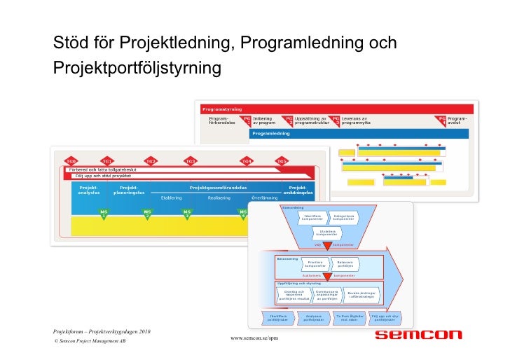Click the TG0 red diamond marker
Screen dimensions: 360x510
tap(71, 160)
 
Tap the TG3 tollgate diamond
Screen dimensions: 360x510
tap(190, 160)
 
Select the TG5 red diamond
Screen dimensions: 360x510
tap(281, 160)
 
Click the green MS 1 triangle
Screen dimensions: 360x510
tap(104, 212)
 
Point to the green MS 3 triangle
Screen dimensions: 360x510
tap(187, 212)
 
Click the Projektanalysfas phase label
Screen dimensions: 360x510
tap(90, 190)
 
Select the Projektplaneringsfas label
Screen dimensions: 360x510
tap(129, 190)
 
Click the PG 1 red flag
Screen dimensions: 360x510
tap(247, 120)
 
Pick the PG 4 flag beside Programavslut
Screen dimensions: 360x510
tap(442, 120)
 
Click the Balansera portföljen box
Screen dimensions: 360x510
tap(345, 264)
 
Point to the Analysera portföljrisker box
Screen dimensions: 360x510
tap(314, 318)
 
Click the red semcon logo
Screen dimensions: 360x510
tap(419, 335)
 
